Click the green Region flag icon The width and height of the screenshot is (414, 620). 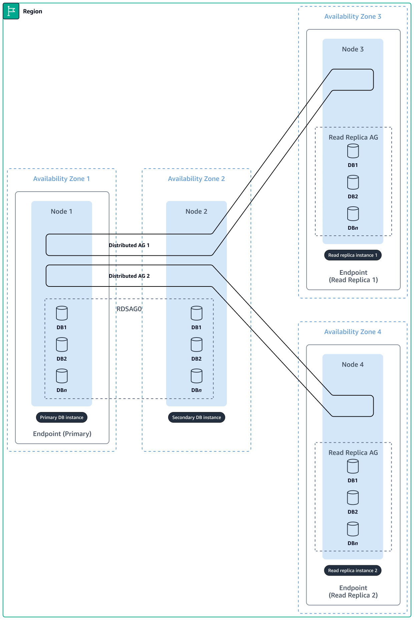(x=11, y=11)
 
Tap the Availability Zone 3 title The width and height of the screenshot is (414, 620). (x=353, y=16)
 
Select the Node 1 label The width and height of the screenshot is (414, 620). (x=61, y=211)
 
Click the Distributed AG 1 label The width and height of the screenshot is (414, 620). (x=129, y=245)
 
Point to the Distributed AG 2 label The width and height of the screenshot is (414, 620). (x=129, y=276)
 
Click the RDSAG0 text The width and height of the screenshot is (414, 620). (x=129, y=309)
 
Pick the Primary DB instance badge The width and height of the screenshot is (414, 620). (x=62, y=417)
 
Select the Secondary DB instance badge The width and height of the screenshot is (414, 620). (x=196, y=417)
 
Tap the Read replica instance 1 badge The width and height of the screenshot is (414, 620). (x=353, y=255)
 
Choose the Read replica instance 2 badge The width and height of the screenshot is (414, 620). (x=353, y=570)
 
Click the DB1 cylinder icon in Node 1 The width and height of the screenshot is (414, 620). (x=62, y=313)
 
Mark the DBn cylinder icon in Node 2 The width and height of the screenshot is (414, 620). (x=196, y=376)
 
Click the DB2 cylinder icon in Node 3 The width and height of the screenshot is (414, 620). (x=353, y=182)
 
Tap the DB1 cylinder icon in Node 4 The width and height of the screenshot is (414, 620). (x=353, y=466)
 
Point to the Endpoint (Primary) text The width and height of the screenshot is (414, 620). (x=62, y=434)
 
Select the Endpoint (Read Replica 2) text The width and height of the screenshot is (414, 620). (x=353, y=591)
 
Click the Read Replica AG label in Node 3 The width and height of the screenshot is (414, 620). (x=353, y=137)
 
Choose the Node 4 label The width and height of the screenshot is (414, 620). (x=353, y=365)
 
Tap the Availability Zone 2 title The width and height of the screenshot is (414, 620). (x=196, y=179)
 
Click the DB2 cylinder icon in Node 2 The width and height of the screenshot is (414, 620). (x=196, y=345)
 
